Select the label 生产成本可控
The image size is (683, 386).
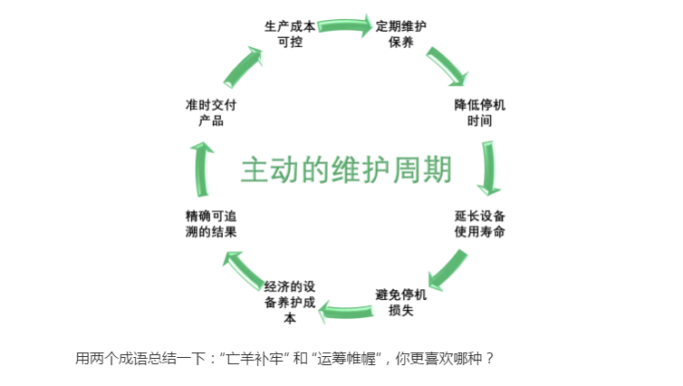291,34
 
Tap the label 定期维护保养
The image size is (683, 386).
400,34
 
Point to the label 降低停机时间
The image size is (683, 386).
479,112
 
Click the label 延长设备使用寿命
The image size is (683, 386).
479,224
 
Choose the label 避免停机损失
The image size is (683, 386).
400,303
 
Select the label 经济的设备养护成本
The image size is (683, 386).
290,303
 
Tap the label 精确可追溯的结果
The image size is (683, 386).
211,224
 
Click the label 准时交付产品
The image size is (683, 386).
211,112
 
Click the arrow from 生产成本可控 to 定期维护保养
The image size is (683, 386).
345,23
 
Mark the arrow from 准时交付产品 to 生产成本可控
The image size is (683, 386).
244,65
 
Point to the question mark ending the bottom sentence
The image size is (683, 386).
490,358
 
